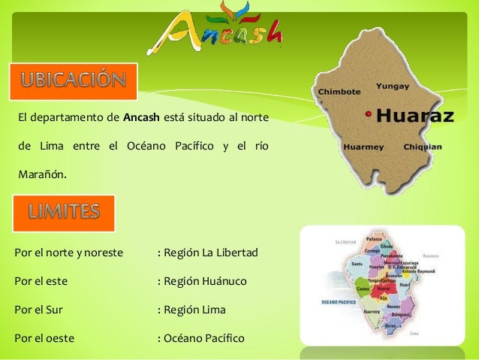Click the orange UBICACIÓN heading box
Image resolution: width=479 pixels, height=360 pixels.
[x=73, y=81]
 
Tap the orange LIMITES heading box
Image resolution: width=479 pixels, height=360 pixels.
[x=65, y=213]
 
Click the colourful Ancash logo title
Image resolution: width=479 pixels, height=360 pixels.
[x=220, y=30]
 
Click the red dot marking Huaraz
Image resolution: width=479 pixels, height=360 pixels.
[x=368, y=114]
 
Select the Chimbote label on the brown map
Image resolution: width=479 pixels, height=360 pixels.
[x=340, y=91]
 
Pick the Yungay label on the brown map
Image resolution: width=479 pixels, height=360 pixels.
[x=392, y=86]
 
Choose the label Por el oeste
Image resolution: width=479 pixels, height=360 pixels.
[x=44, y=337]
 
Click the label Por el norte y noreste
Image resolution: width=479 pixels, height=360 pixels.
[x=69, y=253]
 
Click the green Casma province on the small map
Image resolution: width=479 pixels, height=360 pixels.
[x=363, y=288]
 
